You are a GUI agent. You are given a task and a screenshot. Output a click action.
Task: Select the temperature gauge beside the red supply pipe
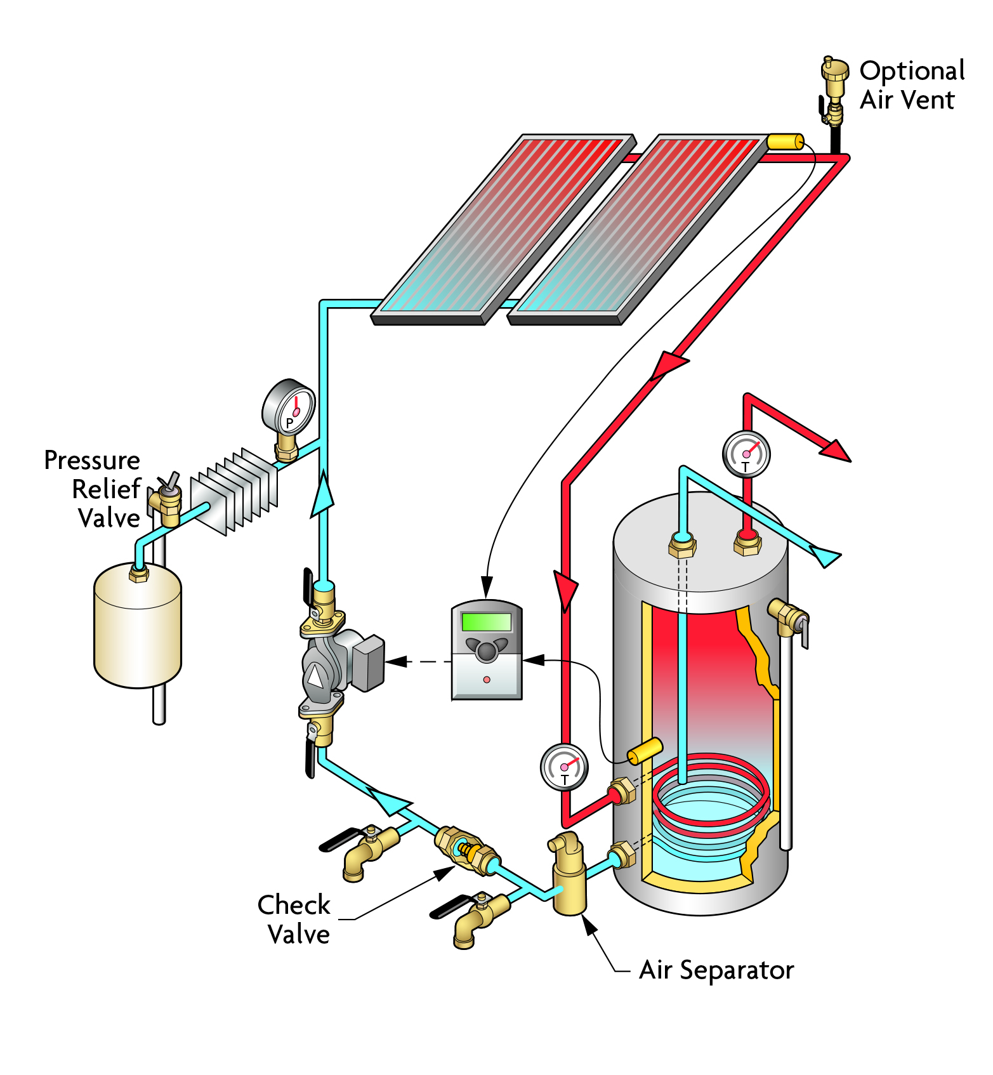tap(564, 767)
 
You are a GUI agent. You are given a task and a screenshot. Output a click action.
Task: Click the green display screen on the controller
tap(487, 621)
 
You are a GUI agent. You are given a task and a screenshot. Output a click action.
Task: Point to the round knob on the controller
tap(487, 650)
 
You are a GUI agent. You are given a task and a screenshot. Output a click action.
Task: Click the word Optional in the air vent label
tap(912, 71)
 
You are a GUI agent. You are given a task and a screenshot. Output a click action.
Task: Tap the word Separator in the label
tap(737, 971)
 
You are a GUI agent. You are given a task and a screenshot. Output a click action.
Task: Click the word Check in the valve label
tap(294, 905)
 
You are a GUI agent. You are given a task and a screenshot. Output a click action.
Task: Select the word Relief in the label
tap(105, 489)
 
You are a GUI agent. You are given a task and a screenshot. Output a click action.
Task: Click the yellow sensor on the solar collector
tap(785, 141)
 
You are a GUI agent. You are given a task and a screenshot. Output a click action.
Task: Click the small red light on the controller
tap(487, 680)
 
